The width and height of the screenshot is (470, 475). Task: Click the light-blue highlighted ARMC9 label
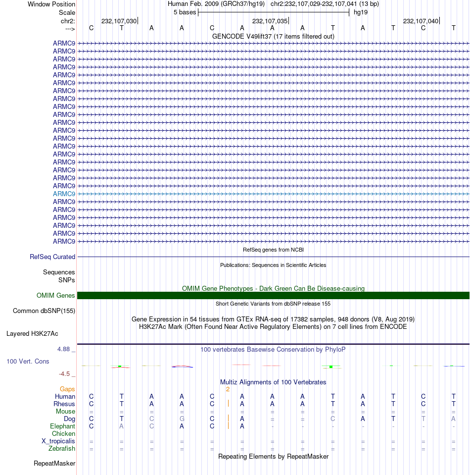pos(64,194)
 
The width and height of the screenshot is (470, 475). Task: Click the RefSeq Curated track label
pos(52,257)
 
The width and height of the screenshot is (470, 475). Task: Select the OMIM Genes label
pos(56,295)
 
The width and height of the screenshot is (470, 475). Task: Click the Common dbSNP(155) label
pos(44,311)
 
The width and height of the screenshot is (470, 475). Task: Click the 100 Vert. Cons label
pos(28,362)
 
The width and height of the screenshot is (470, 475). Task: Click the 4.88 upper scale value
pos(64,349)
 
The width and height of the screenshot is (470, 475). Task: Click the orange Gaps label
pos(67,389)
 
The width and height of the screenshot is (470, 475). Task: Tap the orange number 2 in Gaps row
pos(228,389)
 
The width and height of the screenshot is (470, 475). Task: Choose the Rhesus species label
pos(64,404)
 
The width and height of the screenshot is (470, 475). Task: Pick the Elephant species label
pos(62,426)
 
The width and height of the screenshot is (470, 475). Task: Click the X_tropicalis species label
pos(58,441)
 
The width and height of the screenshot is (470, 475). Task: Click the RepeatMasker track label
pos(54,464)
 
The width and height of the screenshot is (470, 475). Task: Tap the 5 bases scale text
pos(185,12)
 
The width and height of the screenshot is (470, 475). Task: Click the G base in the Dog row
pos(182,419)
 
